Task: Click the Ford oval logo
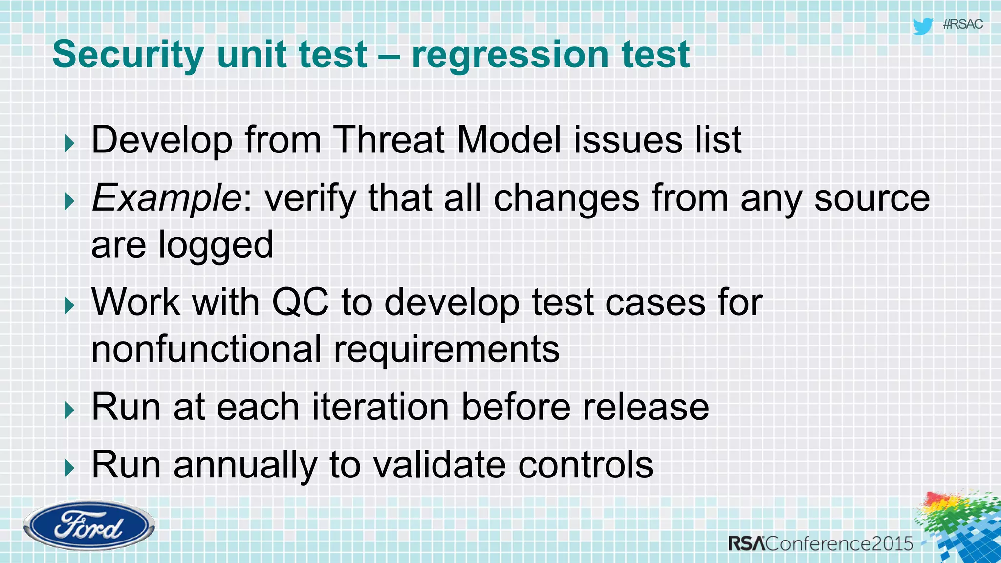point(89,526)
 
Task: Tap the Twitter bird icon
point(922,25)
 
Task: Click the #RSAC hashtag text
point(962,24)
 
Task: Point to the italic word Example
point(165,198)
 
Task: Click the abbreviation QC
point(300,302)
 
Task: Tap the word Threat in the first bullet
point(388,140)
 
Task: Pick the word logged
point(216,245)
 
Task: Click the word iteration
point(380,407)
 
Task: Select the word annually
point(245,465)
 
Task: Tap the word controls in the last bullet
point(585,465)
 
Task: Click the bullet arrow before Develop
point(69,144)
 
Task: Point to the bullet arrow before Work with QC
point(69,306)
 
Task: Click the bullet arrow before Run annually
point(69,468)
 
